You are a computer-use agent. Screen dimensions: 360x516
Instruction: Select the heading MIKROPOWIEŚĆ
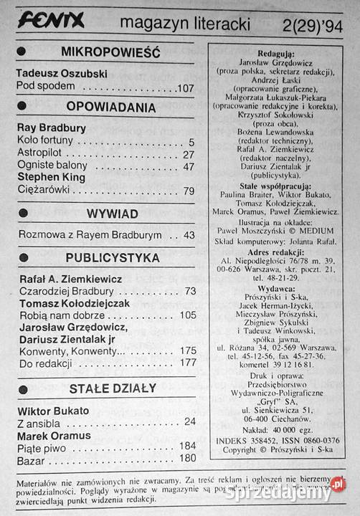coord(110,52)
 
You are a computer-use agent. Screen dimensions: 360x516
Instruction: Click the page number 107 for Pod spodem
coord(185,88)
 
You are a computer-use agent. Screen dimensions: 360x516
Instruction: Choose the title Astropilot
coord(40,154)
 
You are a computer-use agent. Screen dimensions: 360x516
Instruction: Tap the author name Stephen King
coord(50,177)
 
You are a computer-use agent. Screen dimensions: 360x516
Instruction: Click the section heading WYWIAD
coord(113,214)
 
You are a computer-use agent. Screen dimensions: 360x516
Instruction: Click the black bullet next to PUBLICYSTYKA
coord(22,257)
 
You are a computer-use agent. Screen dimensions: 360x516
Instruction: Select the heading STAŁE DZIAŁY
coord(113,388)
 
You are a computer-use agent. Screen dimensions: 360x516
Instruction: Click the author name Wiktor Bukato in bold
coord(52,411)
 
